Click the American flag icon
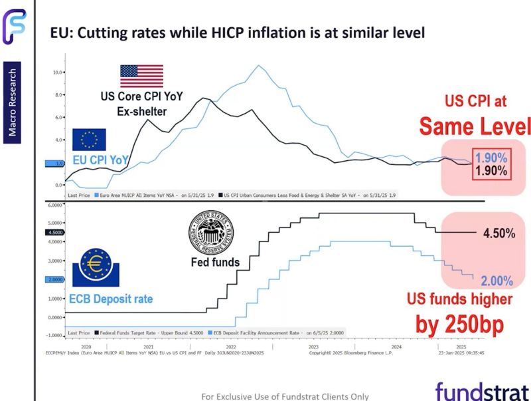click(141, 76)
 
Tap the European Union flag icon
click(89, 140)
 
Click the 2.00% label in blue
click(496, 281)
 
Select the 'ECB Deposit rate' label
click(111, 299)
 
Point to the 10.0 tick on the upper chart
click(58, 72)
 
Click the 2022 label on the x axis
click(230, 346)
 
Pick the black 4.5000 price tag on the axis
click(56, 233)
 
